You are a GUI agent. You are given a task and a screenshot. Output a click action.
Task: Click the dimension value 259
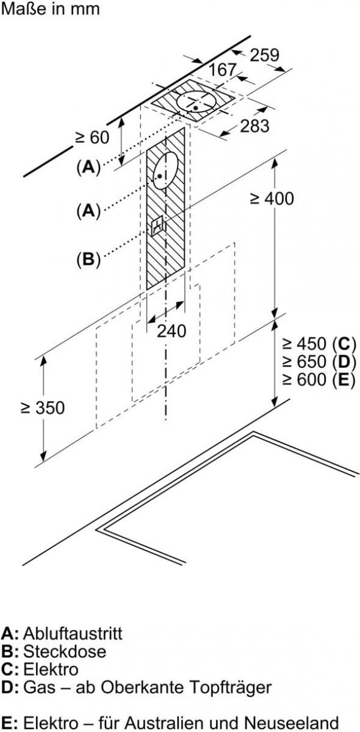pos(265,55)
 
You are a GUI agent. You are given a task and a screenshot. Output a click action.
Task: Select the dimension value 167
pos(223,70)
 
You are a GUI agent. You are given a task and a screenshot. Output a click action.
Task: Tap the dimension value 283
pos(255,126)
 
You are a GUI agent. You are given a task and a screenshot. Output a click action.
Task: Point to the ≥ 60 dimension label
pos(92,137)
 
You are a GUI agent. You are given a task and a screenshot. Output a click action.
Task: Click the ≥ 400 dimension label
pos(272,199)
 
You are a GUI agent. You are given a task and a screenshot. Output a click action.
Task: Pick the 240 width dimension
pos(172,330)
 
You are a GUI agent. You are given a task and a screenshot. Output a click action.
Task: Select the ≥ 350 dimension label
pos(43,407)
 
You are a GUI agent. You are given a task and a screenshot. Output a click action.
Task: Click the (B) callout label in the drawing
pos(88,260)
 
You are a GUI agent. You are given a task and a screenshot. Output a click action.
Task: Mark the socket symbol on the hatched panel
pos(159,226)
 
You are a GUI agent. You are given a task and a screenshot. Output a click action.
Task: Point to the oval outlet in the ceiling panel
pos(197,102)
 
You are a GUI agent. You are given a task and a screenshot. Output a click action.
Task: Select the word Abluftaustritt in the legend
pos(73,633)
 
